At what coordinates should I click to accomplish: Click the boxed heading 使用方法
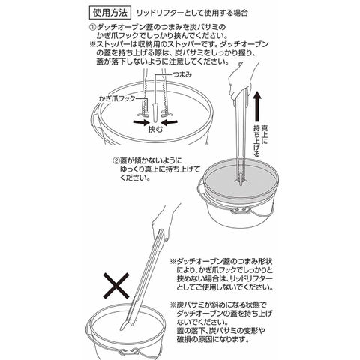click(110, 13)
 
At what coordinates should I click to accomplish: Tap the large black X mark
click(116, 286)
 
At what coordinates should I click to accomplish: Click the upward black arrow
click(258, 106)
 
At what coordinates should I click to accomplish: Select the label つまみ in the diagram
click(182, 74)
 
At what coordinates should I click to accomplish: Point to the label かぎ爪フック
click(117, 98)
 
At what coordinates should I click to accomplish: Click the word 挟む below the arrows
click(155, 130)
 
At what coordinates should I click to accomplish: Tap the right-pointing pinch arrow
click(141, 122)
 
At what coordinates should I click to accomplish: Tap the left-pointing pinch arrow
click(169, 122)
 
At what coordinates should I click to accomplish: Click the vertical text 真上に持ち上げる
click(260, 141)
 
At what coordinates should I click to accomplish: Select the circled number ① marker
click(92, 27)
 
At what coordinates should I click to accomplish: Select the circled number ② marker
click(115, 160)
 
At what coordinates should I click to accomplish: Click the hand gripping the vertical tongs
click(241, 81)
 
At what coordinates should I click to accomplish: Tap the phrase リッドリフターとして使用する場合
click(192, 13)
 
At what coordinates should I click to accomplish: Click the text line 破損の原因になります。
click(213, 339)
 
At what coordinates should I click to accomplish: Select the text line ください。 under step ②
click(135, 178)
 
